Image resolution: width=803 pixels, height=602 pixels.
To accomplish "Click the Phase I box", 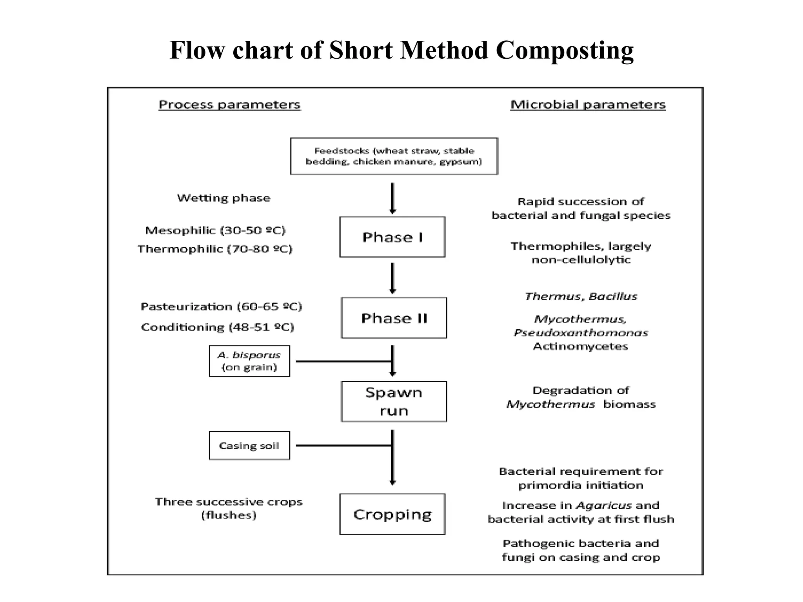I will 392,237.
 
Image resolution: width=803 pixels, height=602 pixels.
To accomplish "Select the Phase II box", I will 394,318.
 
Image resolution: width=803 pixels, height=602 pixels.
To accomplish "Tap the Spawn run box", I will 394,401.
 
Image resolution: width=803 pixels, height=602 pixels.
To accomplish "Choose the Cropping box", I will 392,514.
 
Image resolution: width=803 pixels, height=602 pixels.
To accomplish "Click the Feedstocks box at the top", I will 394,156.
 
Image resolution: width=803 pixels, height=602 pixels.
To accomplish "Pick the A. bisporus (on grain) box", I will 249,361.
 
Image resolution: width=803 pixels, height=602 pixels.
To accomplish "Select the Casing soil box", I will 249,446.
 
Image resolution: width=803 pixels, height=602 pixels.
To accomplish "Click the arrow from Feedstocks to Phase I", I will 392,198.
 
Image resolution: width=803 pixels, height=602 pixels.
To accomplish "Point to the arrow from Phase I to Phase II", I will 392,278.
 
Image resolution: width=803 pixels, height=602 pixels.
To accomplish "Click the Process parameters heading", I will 229,105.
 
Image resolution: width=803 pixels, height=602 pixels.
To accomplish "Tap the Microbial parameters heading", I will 588,105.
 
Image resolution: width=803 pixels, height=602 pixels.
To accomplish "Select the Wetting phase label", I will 223,198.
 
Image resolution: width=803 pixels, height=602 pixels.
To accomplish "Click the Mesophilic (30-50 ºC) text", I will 215,230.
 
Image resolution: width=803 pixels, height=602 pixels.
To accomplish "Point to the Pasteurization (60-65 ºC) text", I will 222,306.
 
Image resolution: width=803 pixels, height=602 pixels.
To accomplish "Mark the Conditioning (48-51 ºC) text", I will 218,327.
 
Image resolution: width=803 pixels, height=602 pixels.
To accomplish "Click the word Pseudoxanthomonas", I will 581,333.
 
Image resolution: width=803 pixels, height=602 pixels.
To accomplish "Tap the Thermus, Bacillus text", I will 581,296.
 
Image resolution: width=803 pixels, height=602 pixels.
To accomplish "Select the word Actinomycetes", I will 581,346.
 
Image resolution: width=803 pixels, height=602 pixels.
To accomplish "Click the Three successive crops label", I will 229,502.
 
